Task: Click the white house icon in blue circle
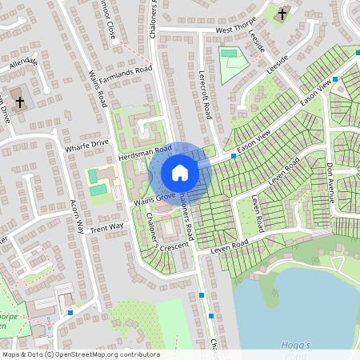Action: (x=180, y=173)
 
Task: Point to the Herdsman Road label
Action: (x=146, y=150)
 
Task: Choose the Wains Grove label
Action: (x=154, y=197)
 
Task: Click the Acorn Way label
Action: (x=78, y=217)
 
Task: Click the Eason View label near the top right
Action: (x=315, y=95)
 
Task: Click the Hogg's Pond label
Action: (x=296, y=345)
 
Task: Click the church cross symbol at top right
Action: (x=282, y=14)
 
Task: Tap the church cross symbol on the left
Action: (x=20, y=102)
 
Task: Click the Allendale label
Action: (x=24, y=62)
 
